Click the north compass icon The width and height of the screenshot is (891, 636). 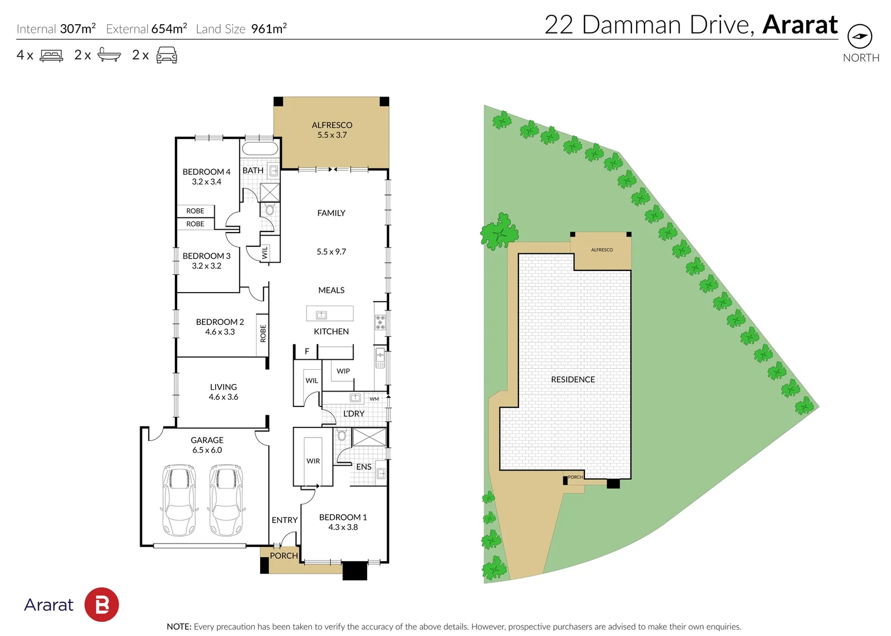pos(860,37)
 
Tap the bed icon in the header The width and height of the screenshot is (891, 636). pos(51,55)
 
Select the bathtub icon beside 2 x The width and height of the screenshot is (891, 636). pos(109,55)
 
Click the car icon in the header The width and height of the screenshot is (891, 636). pos(167,55)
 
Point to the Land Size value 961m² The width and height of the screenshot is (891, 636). pos(269,29)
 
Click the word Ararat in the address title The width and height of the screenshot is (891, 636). pos(800,25)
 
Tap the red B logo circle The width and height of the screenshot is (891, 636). pos(102,604)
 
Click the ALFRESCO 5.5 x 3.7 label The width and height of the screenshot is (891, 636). pos(332,130)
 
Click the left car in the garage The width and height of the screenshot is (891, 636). pos(178,500)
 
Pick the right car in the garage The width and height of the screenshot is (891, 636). pos(227,500)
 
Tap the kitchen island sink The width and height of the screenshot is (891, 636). pos(321,314)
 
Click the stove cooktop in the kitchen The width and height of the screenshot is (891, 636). pos(380,322)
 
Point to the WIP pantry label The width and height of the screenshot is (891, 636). pos(343,371)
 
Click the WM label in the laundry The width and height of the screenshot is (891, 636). pos(374,399)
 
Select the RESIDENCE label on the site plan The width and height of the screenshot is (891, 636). pos(573,380)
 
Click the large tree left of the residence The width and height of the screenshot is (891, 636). pos(499,232)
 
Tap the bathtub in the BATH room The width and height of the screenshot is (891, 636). pos(260,148)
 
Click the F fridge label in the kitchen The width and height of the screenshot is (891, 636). pos(307,352)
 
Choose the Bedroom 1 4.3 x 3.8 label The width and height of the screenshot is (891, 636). pos(343,522)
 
